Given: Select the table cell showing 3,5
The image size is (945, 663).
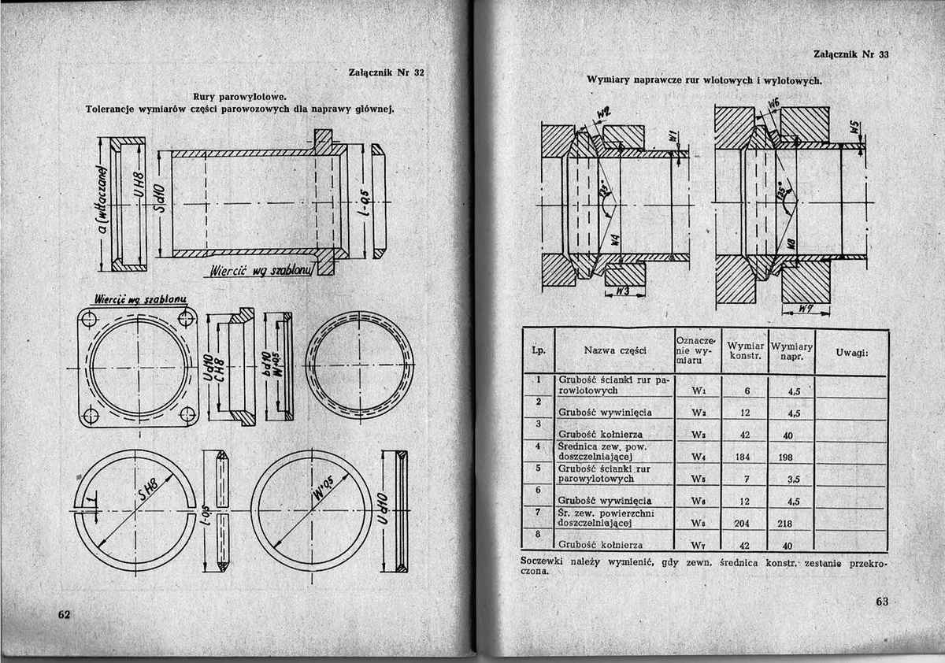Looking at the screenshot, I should click(793, 479).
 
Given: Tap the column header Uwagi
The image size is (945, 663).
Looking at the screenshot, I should click(852, 351).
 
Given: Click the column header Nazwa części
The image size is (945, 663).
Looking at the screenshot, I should click(615, 351).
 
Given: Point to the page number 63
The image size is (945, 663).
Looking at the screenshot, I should click(881, 602).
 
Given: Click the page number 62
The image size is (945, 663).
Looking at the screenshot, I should click(64, 613).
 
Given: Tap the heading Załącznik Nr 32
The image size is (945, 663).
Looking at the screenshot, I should click(386, 72).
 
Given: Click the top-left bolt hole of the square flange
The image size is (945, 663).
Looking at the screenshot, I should click(89, 319).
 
